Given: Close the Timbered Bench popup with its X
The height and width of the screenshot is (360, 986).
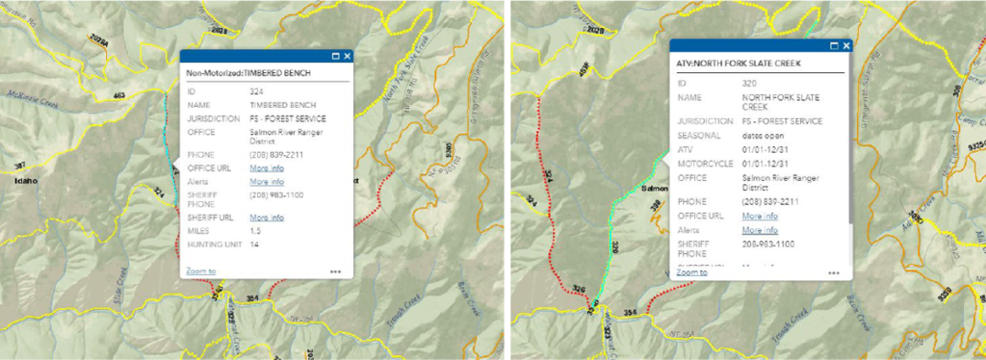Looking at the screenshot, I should [347, 57].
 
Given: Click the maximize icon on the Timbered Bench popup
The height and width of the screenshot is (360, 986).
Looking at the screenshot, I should [334, 57].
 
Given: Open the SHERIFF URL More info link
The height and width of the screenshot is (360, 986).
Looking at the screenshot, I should [267, 218].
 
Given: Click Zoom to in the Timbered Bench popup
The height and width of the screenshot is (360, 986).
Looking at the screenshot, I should [201, 271].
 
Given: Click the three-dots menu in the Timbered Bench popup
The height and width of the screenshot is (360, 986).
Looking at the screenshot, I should [335, 271].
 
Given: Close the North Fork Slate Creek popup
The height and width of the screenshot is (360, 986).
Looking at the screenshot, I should [845, 45].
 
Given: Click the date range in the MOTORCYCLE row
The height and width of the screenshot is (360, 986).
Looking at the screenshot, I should [765, 163].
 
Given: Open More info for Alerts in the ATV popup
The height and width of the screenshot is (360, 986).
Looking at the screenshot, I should [760, 231].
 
